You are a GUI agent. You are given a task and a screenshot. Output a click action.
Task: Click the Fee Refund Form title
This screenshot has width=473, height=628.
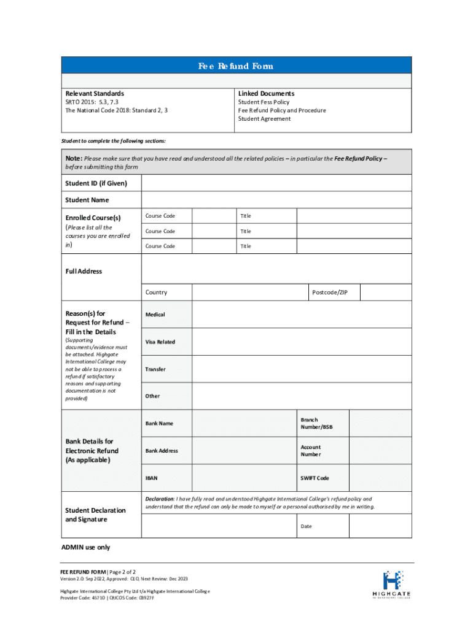click(236, 66)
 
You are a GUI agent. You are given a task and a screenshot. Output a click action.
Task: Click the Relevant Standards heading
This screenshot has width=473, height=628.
click(95, 93)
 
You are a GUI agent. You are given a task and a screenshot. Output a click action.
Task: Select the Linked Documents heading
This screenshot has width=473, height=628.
click(266, 93)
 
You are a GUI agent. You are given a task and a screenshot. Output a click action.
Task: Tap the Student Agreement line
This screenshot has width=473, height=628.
click(264, 119)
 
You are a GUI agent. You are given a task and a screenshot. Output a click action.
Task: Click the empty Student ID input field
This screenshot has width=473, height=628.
click(276, 183)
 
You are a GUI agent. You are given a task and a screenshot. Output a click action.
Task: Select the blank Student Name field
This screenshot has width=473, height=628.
click(276, 200)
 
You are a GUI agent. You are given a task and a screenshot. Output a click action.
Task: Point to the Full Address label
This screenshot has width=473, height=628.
click(84, 271)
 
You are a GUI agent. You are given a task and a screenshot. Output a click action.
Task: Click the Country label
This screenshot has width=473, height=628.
click(156, 293)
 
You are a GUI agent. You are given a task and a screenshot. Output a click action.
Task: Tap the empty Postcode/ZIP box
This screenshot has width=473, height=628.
click(385, 293)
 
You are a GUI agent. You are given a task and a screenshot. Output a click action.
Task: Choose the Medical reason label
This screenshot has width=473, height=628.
click(155, 315)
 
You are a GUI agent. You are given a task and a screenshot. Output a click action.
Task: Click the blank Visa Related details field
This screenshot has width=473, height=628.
click(302, 342)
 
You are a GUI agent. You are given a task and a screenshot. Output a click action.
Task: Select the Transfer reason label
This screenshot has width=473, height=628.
click(155, 369)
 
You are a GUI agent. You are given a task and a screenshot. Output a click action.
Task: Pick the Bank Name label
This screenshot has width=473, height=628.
click(159, 424)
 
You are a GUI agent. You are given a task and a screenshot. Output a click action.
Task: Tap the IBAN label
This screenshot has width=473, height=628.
click(152, 478)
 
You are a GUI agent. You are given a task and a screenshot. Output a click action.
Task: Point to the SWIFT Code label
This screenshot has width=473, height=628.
click(315, 478)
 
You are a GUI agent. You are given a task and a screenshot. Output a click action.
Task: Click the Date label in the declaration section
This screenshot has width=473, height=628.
click(306, 527)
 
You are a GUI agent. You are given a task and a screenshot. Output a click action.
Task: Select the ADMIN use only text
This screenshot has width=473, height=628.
click(85, 547)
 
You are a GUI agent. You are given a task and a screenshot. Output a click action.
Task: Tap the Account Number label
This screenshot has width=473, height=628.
click(311, 451)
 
